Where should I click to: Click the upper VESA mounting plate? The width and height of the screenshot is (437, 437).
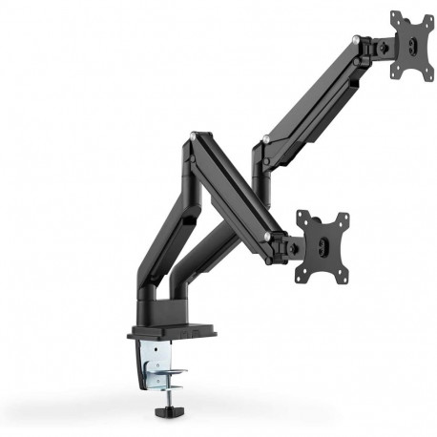(412, 45)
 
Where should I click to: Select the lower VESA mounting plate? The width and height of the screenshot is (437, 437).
(322, 246)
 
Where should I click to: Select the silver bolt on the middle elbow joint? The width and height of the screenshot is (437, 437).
(266, 140)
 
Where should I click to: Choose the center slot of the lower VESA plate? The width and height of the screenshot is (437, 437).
(323, 247)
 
